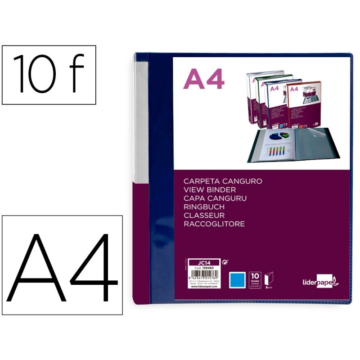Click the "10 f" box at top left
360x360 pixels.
pos(49,75)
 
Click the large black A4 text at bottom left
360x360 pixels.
pos(63,265)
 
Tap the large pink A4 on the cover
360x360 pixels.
pos(204,80)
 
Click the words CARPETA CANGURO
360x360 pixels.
pos(223,181)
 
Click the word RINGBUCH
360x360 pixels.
pos(204,207)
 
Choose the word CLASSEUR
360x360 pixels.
pos(204,215)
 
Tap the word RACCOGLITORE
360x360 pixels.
pos(214,224)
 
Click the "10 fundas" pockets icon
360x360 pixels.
pos(255,279)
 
